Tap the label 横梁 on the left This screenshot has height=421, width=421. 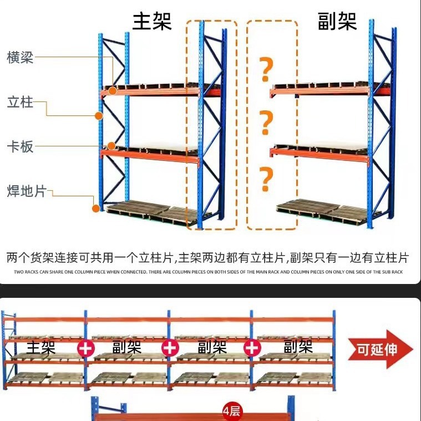point(21,57)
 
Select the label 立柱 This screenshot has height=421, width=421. point(21,102)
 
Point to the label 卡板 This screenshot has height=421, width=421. point(21,146)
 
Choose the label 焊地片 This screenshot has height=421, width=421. point(26,191)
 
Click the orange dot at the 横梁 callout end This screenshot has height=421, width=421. point(113,90)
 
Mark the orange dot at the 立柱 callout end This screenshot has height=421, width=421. point(99,116)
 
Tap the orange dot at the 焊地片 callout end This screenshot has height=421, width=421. point(96,209)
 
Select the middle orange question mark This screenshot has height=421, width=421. point(266,123)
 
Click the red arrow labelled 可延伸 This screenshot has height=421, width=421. point(380,349)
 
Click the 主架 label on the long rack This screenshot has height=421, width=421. point(41,348)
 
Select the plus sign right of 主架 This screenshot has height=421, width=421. point(86,348)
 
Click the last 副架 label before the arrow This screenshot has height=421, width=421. point(298,348)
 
